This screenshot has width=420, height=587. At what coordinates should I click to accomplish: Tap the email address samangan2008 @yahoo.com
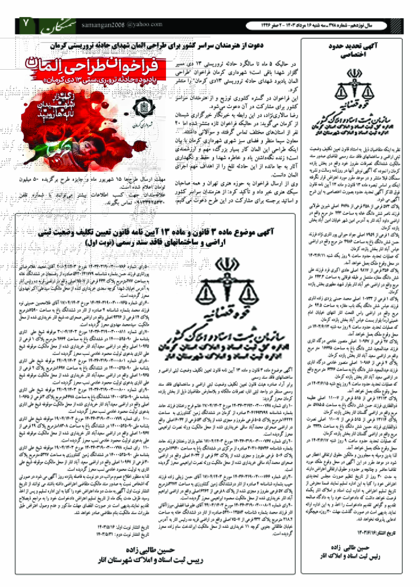pyautogui.click(x=122, y=25)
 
